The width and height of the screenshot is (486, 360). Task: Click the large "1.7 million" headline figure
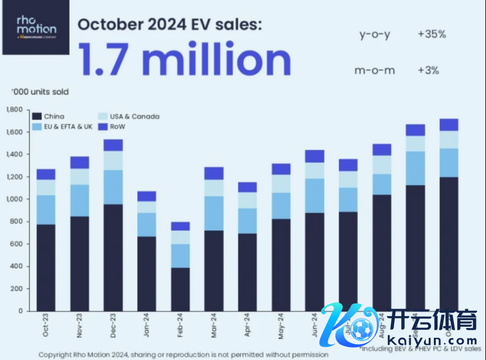point(185,59)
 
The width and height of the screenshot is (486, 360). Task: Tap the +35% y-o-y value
point(432,34)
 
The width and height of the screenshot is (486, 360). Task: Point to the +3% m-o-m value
point(428,71)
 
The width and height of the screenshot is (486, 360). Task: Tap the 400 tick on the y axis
point(16,266)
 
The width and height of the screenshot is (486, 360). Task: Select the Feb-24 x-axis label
point(180,326)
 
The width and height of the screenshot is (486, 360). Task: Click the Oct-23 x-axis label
point(46,326)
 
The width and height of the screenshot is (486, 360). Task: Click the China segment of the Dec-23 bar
point(113,257)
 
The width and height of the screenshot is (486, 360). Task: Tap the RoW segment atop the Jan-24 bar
point(146,196)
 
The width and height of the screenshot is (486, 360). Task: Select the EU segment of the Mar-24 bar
point(214,213)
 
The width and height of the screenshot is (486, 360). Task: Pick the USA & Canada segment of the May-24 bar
point(281,184)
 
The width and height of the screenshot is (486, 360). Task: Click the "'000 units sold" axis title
point(39,92)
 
